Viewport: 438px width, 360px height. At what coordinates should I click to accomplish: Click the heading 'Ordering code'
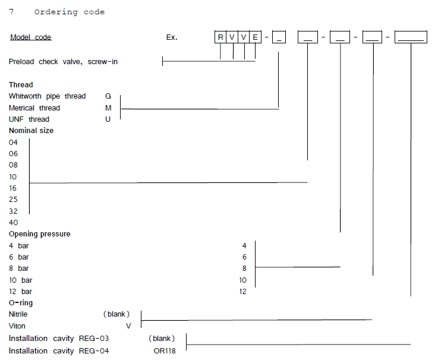click(x=69, y=12)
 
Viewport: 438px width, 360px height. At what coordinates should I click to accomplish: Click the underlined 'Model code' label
click(x=31, y=37)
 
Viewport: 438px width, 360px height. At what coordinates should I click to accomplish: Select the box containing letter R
click(x=220, y=37)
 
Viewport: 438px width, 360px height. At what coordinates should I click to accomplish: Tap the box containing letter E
click(x=255, y=37)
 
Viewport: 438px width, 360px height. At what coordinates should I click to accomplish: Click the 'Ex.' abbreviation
click(x=172, y=37)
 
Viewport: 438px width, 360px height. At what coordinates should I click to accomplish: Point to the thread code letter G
click(x=108, y=96)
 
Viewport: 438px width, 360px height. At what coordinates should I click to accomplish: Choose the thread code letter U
click(x=108, y=119)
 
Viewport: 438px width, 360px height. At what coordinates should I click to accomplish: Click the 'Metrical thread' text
click(x=34, y=108)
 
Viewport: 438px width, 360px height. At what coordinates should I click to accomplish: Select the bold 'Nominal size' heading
click(x=31, y=131)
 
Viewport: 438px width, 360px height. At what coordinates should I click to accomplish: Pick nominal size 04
click(x=14, y=143)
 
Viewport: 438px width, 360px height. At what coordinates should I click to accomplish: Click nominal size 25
click(x=14, y=200)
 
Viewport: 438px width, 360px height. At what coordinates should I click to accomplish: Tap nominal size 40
click(x=14, y=223)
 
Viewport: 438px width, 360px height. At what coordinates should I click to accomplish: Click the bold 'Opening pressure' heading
click(x=40, y=234)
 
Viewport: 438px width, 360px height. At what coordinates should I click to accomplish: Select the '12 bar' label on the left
click(x=21, y=292)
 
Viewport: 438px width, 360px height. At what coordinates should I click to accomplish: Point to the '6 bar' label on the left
click(x=19, y=257)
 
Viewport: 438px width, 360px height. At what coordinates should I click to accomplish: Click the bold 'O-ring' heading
click(x=21, y=303)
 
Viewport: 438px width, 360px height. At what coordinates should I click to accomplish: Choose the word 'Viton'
click(x=17, y=326)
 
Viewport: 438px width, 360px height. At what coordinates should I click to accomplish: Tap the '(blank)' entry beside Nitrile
click(x=116, y=314)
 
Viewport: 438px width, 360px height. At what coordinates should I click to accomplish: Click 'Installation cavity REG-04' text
click(x=59, y=351)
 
